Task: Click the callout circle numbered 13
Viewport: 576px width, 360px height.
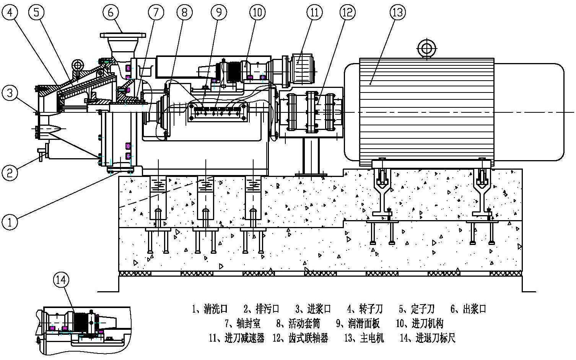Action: coord(398,12)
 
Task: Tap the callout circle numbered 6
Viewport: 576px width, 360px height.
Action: coord(111,12)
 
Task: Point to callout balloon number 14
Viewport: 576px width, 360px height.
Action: coord(61,280)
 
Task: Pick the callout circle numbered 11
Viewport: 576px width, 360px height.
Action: coord(314,12)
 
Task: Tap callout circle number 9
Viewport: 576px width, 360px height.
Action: coord(219,12)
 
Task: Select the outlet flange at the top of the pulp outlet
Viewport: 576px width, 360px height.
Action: coord(122,35)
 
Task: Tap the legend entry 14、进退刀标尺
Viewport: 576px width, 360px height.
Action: coord(428,338)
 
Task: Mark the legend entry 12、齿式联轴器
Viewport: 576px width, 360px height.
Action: coord(300,338)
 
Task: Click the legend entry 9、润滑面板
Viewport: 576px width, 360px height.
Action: coord(358,324)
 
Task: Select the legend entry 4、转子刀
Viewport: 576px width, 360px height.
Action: coord(365,309)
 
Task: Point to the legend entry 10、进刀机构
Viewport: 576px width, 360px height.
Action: coord(420,324)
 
